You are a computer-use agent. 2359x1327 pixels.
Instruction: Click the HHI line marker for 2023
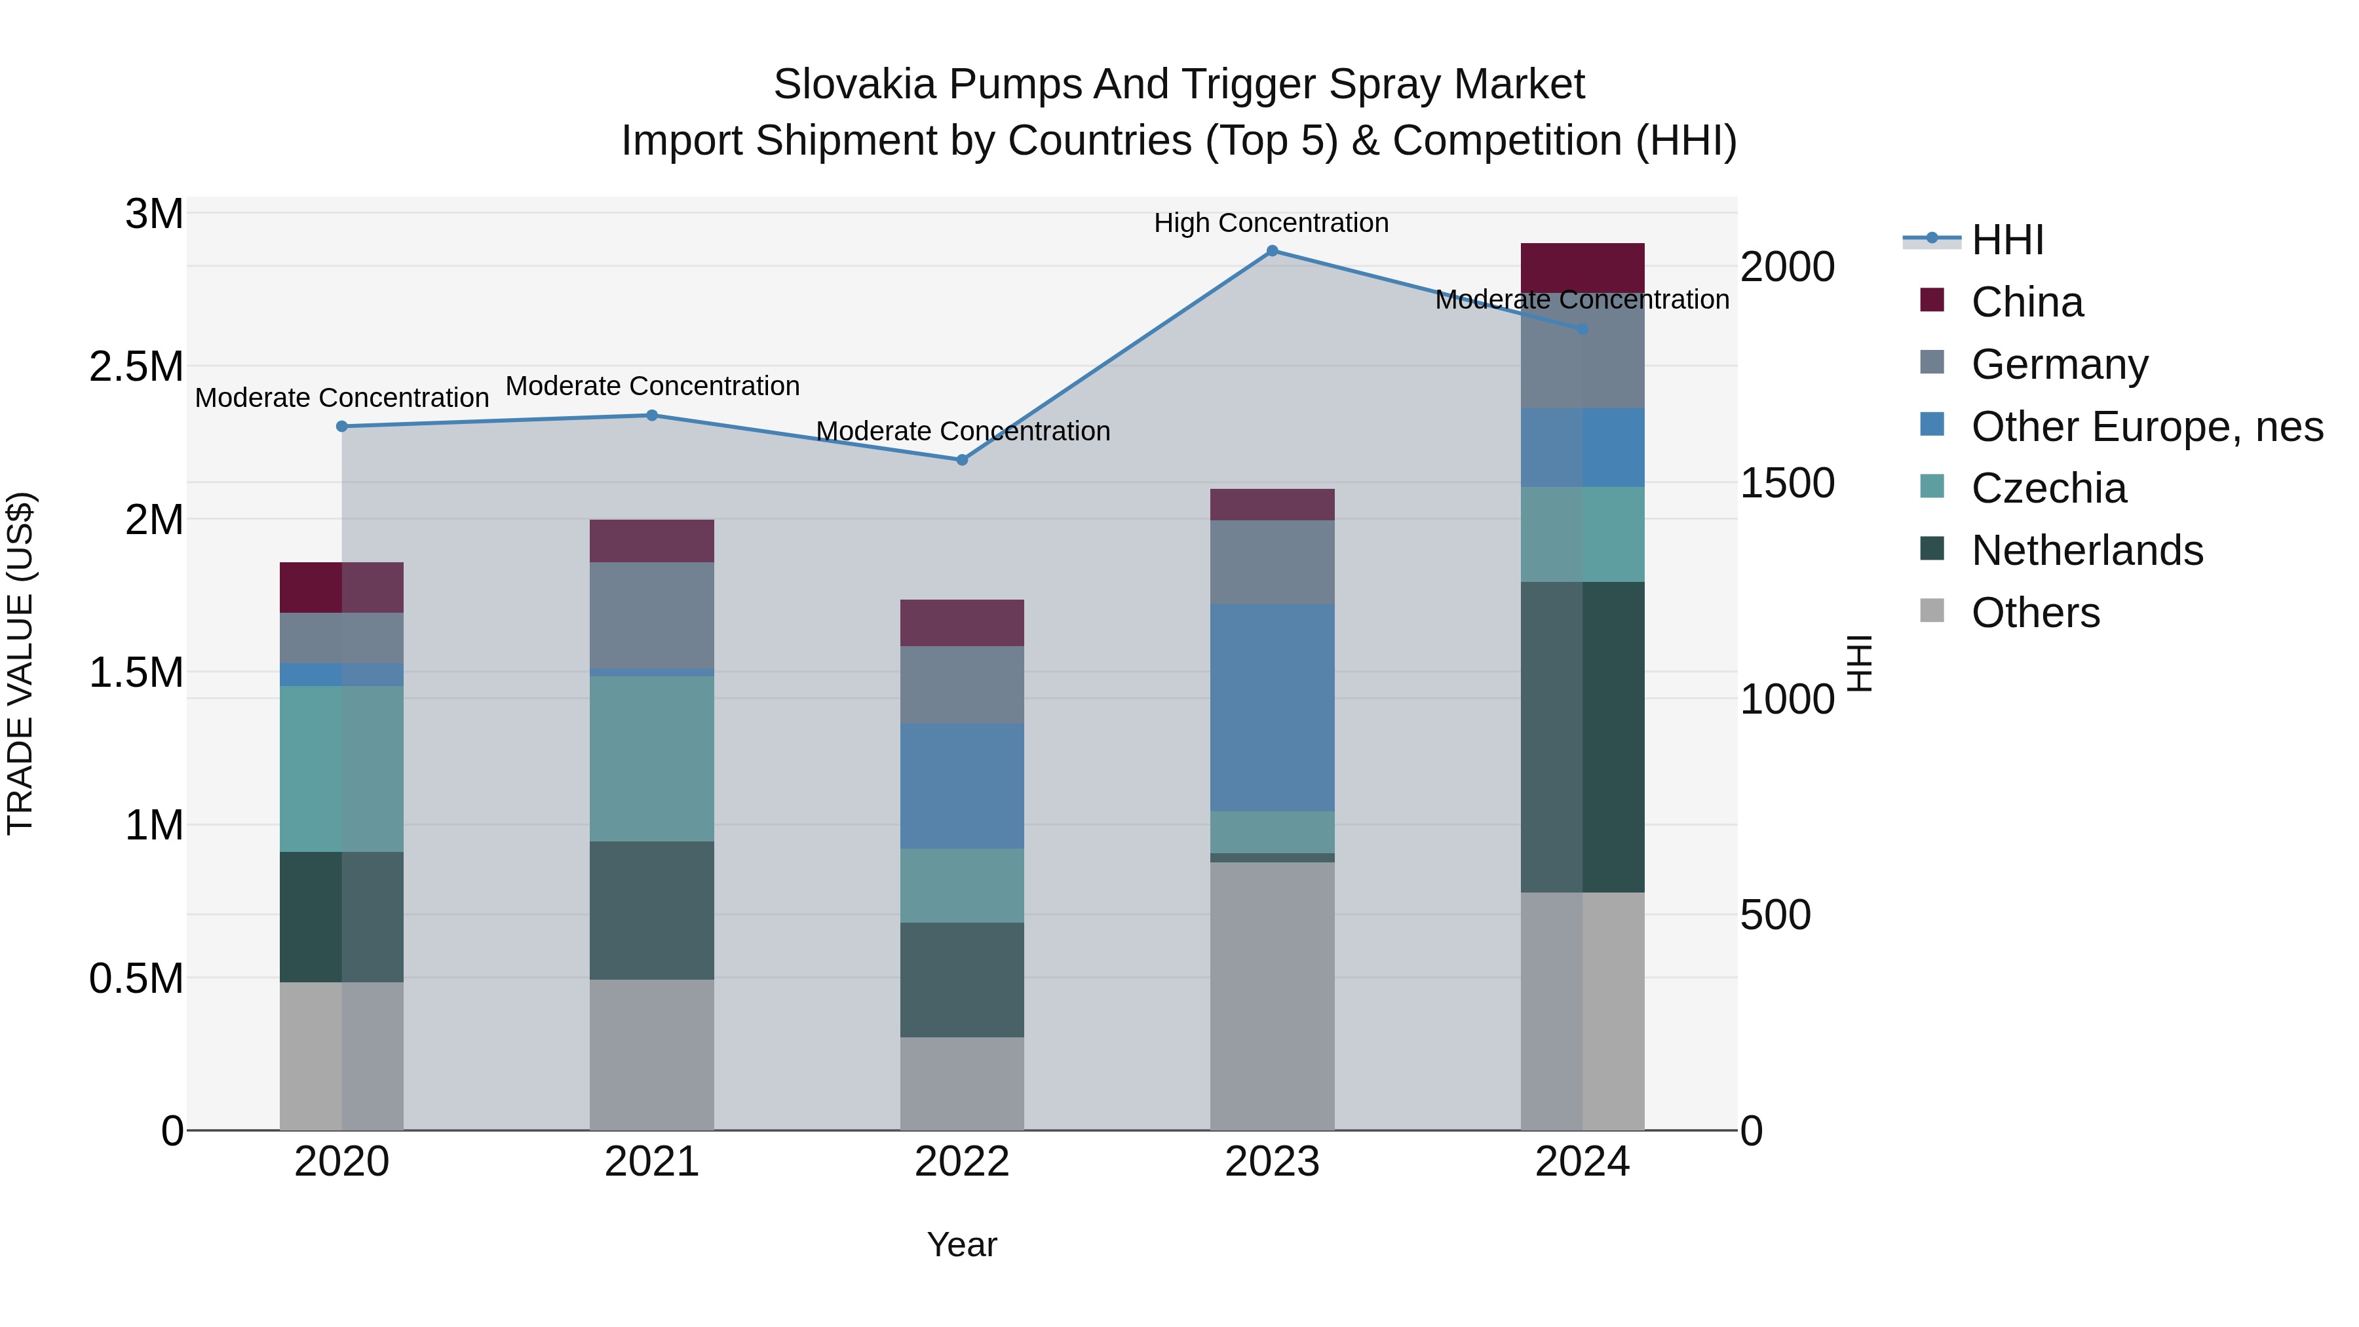[x=1272, y=251]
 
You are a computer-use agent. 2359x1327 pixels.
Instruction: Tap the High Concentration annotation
[x=1271, y=223]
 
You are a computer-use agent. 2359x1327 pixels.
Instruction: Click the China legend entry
[x=2027, y=302]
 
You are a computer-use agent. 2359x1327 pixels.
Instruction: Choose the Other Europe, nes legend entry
[x=2147, y=427]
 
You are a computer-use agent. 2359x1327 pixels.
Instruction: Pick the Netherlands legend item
[x=2087, y=550]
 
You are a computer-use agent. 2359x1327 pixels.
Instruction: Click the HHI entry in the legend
[x=2007, y=240]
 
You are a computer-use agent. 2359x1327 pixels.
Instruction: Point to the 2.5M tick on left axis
[x=136, y=366]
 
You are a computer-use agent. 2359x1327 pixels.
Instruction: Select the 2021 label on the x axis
[x=652, y=1162]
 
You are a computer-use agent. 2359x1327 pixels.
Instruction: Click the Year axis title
[x=961, y=1244]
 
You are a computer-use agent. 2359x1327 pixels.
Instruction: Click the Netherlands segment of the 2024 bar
[x=1582, y=737]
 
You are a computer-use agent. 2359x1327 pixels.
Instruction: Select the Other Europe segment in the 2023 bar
[x=1272, y=707]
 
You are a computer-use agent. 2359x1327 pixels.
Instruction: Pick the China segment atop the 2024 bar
[x=1582, y=267]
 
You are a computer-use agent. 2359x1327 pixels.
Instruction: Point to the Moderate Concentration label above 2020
[x=341, y=398]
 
